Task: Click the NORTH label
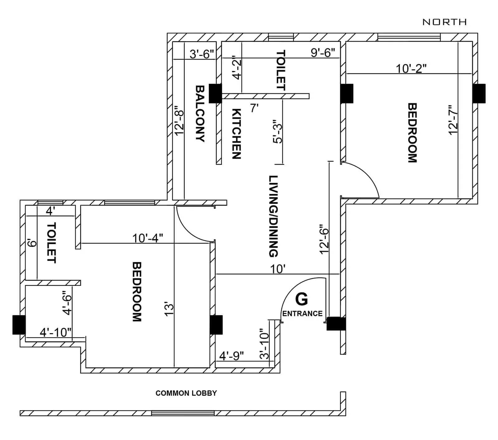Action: coord(444,22)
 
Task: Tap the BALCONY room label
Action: coord(200,114)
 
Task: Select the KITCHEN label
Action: coord(237,134)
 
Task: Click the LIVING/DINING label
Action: coord(273,216)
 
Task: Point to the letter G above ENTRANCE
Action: coord(301,299)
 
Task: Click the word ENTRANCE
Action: coord(302,314)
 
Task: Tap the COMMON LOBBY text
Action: coord(186,393)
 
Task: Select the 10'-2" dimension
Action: coord(411,68)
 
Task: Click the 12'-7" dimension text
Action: coord(453,120)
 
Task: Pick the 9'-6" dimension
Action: coord(323,53)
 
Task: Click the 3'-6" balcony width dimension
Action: coord(202,54)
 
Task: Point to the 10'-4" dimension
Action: coord(148,238)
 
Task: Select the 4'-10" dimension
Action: coord(56,332)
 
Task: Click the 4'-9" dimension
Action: coord(231,356)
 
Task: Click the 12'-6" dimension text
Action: coord(324,239)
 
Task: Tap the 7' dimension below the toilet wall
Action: coord(254,108)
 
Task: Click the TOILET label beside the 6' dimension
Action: coord(51,242)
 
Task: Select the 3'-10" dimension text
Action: coord(264,344)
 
